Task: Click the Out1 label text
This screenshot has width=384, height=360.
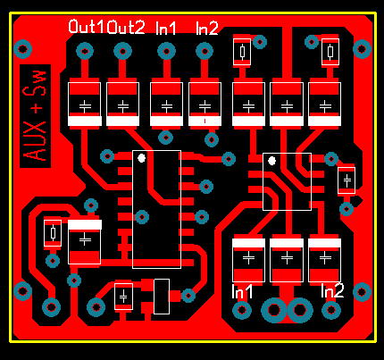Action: point(87,27)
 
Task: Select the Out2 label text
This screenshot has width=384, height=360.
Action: point(126,27)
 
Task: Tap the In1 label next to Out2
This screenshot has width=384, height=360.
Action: point(166,29)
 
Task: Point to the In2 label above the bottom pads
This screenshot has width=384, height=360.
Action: point(332,291)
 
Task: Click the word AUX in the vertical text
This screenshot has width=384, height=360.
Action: point(35,142)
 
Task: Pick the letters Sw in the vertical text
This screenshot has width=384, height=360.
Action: point(35,84)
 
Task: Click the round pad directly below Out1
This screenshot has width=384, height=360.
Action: point(85,52)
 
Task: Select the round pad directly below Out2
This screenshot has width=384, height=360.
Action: point(122,51)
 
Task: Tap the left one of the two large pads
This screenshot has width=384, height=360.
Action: point(274,310)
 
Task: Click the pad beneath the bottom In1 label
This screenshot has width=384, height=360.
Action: point(242,310)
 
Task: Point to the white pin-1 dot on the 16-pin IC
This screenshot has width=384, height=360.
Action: point(142,158)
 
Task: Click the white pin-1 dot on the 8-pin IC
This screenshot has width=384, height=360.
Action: point(271,161)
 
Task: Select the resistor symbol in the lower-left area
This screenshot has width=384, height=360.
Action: point(53,233)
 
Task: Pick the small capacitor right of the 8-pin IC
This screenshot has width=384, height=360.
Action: point(346,180)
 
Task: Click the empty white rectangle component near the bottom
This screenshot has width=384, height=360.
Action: point(162,297)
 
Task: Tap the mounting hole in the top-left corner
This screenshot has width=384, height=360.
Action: point(23,49)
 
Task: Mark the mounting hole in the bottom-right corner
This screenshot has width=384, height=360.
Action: point(362,292)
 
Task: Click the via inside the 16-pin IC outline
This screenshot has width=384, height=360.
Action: point(142,217)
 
